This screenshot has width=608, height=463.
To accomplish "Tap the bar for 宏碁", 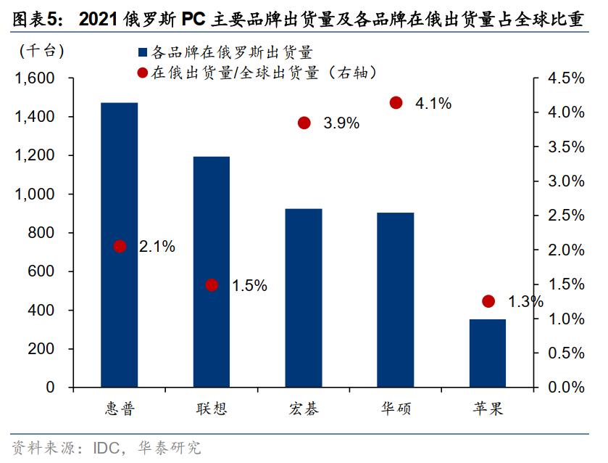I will click(x=304, y=298).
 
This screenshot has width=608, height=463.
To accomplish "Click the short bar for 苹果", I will click(x=488, y=353).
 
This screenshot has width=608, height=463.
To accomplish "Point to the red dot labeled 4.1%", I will click(x=396, y=103).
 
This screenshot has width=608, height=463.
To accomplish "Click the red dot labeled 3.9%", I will click(x=304, y=123).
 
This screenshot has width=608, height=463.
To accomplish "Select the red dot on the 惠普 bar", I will click(x=120, y=247).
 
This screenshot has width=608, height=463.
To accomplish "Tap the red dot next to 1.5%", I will click(x=212, y=285).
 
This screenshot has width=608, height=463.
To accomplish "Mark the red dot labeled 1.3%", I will click(x=488, y=301).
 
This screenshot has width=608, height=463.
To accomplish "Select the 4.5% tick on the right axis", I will click(x=562, y=78).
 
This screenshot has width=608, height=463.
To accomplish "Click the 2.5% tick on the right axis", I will click(x=562, y=216).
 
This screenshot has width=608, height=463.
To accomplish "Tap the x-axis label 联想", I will click(x=211, y=409).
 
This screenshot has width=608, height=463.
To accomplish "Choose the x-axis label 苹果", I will click(x=487, y=409).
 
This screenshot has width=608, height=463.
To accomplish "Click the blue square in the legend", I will click(x=142, y=52).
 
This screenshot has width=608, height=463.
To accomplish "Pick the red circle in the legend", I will click(x=142, y=73).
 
